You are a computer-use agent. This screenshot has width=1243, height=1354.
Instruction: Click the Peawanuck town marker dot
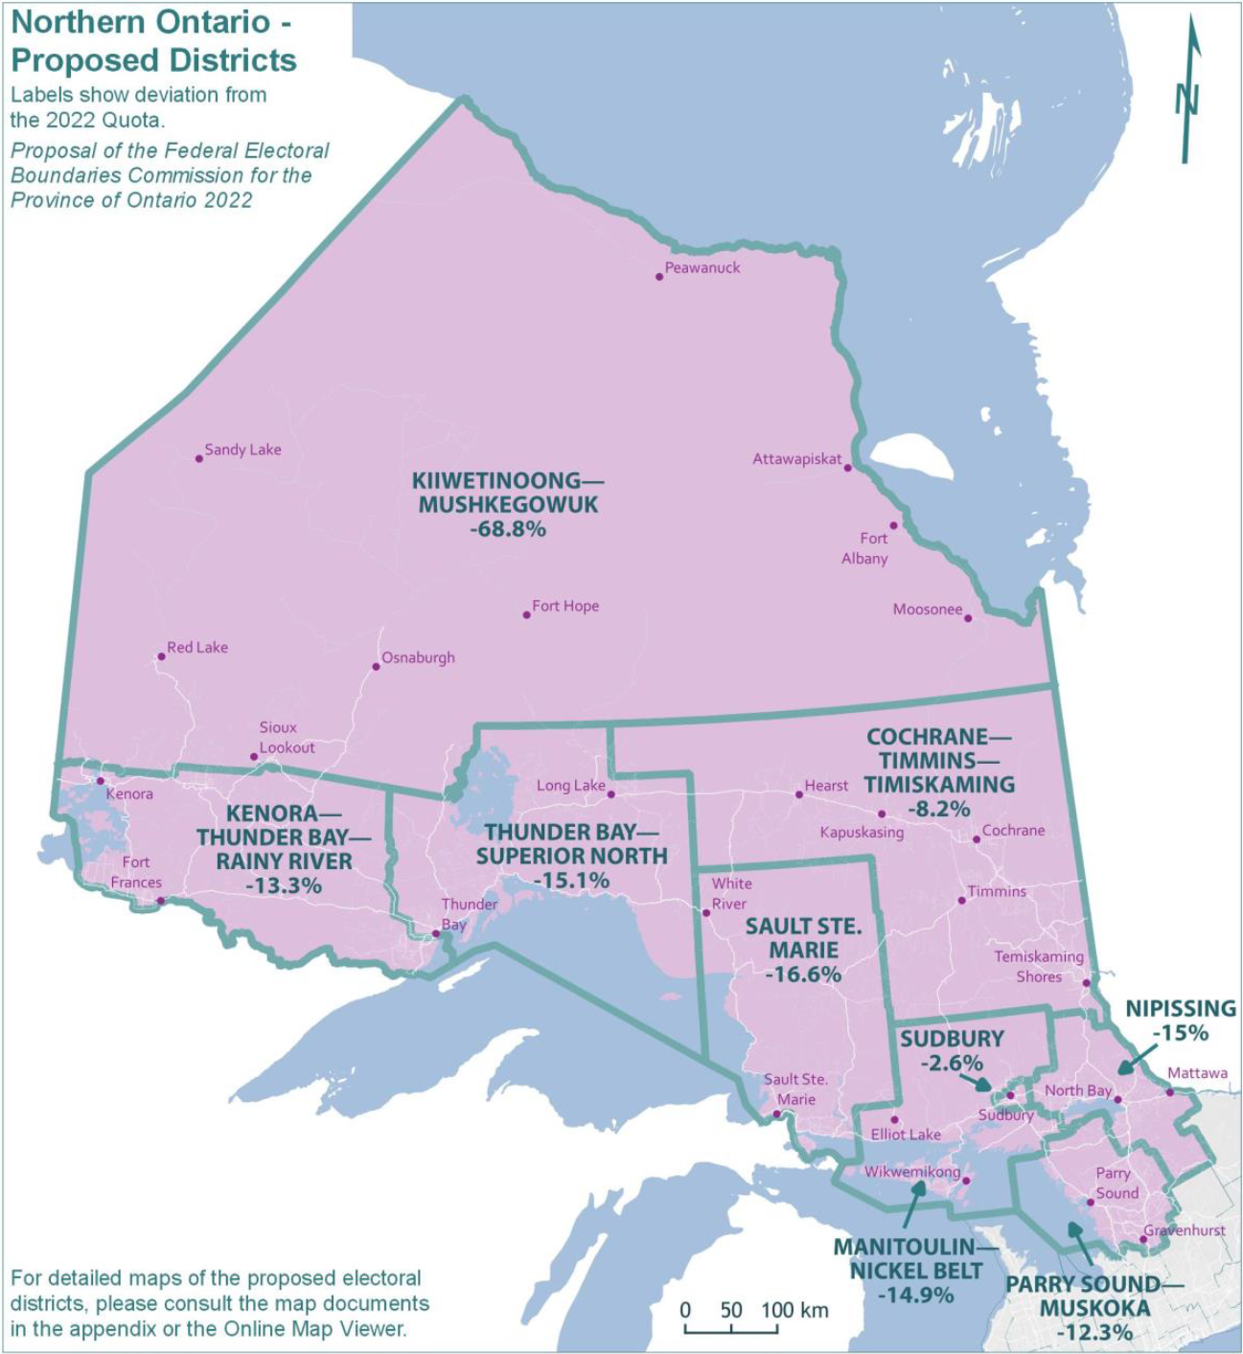point(659,277)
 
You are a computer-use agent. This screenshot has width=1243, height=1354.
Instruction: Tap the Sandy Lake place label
point(242,449)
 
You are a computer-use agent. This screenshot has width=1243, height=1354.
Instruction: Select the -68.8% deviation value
point(508,529)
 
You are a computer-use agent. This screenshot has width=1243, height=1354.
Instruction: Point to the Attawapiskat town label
point(796,459)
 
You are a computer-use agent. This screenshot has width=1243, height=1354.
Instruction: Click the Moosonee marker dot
point(968,618)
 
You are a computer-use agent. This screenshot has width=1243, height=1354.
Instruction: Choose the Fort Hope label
point(565,606)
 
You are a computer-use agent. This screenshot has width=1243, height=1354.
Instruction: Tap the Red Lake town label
point(197,648)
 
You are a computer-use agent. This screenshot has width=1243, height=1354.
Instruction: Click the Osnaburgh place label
point(418,658)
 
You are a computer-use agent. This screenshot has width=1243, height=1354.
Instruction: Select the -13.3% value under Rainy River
point(284,886)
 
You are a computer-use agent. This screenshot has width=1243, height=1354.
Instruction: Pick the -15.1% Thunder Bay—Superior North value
point(571,881)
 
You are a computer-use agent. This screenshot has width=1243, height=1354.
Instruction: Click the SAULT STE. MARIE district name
point(804,938)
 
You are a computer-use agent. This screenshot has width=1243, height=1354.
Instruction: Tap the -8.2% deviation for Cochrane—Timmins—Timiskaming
point(938,809)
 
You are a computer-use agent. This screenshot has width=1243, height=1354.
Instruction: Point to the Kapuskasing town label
point(862,833)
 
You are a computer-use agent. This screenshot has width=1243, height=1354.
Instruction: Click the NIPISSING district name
point(1181,1008)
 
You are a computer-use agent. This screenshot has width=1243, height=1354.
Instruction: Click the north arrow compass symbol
point(1189,91)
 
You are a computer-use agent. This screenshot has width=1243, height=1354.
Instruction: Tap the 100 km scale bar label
point(795,1310)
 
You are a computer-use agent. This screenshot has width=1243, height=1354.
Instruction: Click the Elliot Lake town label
point(906,1135)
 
